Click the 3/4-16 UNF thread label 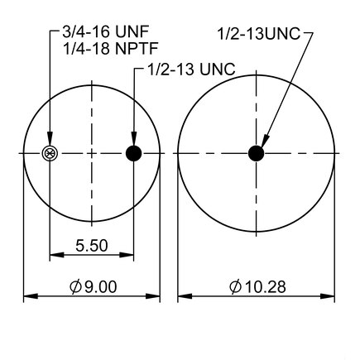click(x=106, y=31)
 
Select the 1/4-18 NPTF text click(x=111, y=49)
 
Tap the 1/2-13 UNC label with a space click(x=192, y=69)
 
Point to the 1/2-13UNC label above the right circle click(x=259, y=34)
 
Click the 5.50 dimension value click(x=92, y=246)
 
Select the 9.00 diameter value click(x=101, y=286)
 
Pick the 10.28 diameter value click(x=266, y=287)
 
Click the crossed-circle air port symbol click(x=50, y=153)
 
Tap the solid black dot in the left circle click(x=133, y=153)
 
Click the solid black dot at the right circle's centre click(x=257, y=153)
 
